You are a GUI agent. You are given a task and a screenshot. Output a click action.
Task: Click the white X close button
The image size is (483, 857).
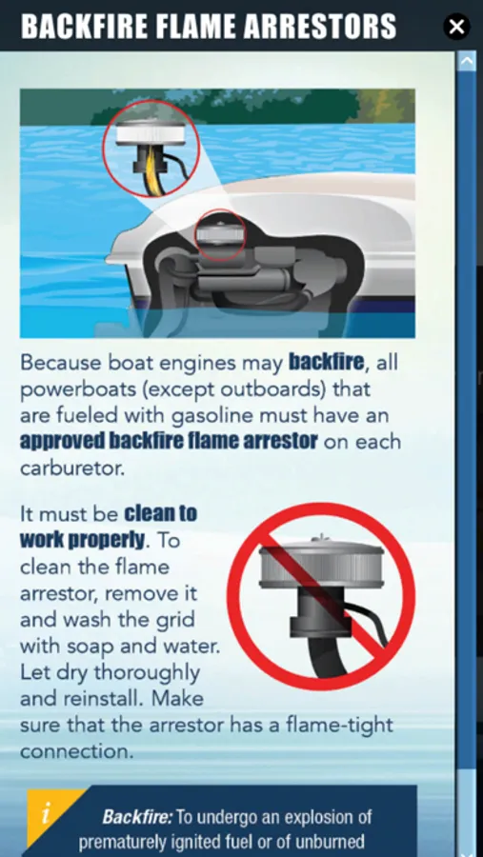[x=456, y=26]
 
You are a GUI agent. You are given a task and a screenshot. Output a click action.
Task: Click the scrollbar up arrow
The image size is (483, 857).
[x=467, y=61]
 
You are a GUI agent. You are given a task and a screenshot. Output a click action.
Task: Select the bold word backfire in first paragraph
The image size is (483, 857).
[x=326, y=362]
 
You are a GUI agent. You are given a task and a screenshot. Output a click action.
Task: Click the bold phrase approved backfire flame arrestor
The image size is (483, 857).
[x=169, y=442]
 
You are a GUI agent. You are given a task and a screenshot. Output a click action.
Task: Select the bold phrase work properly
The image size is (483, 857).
[x=83, y=540]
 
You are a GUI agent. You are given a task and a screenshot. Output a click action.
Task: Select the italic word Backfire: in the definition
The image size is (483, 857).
[x=137, y=817]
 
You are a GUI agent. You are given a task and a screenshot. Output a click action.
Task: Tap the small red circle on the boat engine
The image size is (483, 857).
[x=220, y=234]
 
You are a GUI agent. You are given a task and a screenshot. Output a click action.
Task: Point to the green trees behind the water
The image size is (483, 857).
[x=252, y=106]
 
